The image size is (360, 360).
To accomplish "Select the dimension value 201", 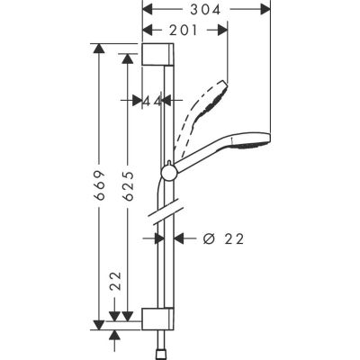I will [184, 30].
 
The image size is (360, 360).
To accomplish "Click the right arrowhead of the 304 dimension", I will [267, 9].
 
